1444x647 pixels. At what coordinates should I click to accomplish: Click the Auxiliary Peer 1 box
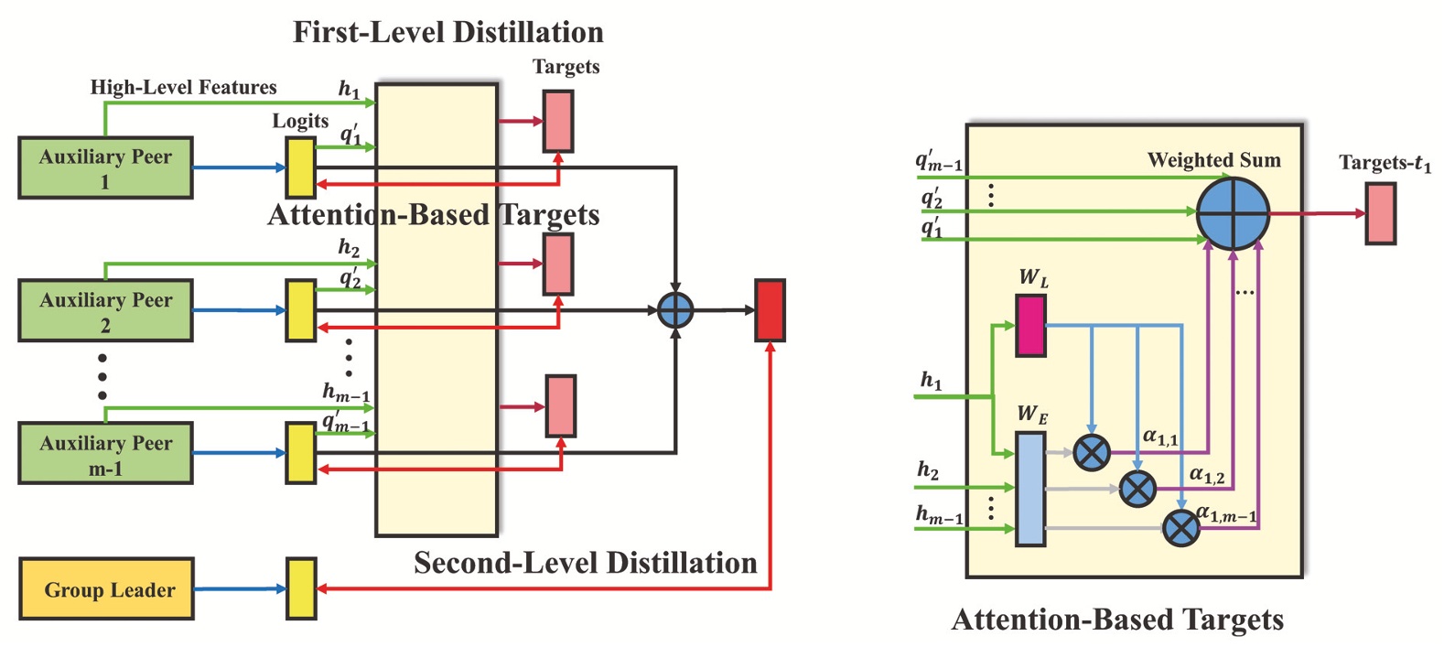105,168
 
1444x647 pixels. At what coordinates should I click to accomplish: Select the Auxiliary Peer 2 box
105,311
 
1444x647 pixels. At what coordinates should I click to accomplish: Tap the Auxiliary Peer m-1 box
105,454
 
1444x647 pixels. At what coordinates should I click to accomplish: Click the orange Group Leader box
106,589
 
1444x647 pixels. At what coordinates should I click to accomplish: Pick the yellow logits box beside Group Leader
301,588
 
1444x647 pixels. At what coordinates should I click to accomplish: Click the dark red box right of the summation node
770,311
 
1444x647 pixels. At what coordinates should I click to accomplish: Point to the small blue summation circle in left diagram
675,310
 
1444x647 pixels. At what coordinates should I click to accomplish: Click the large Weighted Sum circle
1233,213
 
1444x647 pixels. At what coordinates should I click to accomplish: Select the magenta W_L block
1031,325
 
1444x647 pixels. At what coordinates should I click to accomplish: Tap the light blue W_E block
1030,490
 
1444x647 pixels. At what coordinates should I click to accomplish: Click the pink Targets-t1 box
1380,213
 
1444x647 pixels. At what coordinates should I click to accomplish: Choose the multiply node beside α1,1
1091,452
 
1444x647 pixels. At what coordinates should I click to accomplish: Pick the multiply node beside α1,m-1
1180,528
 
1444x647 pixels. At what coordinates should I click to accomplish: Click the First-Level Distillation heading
447,32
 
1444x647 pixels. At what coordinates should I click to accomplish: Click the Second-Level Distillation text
585,563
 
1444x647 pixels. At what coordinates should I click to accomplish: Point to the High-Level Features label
183,88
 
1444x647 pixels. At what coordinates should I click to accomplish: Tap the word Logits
300,121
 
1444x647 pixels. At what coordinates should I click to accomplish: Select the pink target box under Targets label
558,121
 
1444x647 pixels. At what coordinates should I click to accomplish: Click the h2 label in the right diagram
928,470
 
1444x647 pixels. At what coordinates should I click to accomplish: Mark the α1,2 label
1206,475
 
